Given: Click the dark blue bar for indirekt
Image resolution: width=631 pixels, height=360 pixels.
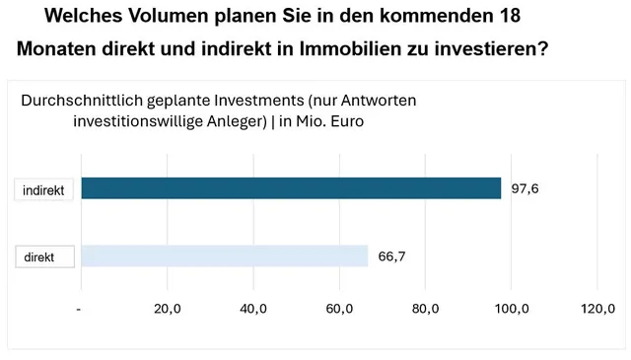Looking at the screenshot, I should [x=291, y=187].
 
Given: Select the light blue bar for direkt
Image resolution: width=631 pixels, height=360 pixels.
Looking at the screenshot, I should [x=224, y=256].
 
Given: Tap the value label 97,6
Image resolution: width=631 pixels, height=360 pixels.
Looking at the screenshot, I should [x=525, y=187].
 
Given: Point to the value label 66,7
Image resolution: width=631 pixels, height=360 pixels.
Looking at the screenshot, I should [x=392, y=256].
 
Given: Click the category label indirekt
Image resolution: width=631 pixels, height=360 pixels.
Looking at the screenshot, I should [x=43, y=190].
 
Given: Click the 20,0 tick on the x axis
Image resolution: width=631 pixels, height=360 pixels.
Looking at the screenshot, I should [x=168, y=309].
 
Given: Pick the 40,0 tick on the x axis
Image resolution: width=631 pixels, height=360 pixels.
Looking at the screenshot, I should [x=253, y=309].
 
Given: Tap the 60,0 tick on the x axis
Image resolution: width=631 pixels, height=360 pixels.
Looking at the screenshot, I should [x=340, y=309].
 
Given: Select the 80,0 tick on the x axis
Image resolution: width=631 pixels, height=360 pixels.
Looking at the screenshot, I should [x=426, y=309].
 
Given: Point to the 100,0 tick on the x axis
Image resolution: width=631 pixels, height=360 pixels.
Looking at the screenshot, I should [x=511, y=309].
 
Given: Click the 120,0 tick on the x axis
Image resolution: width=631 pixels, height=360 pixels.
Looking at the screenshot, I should [x=597, y=309].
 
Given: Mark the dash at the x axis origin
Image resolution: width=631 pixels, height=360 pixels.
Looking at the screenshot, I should [x=79, y=309].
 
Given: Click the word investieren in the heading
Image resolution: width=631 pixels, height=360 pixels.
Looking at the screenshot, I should [x=492, y=48].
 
